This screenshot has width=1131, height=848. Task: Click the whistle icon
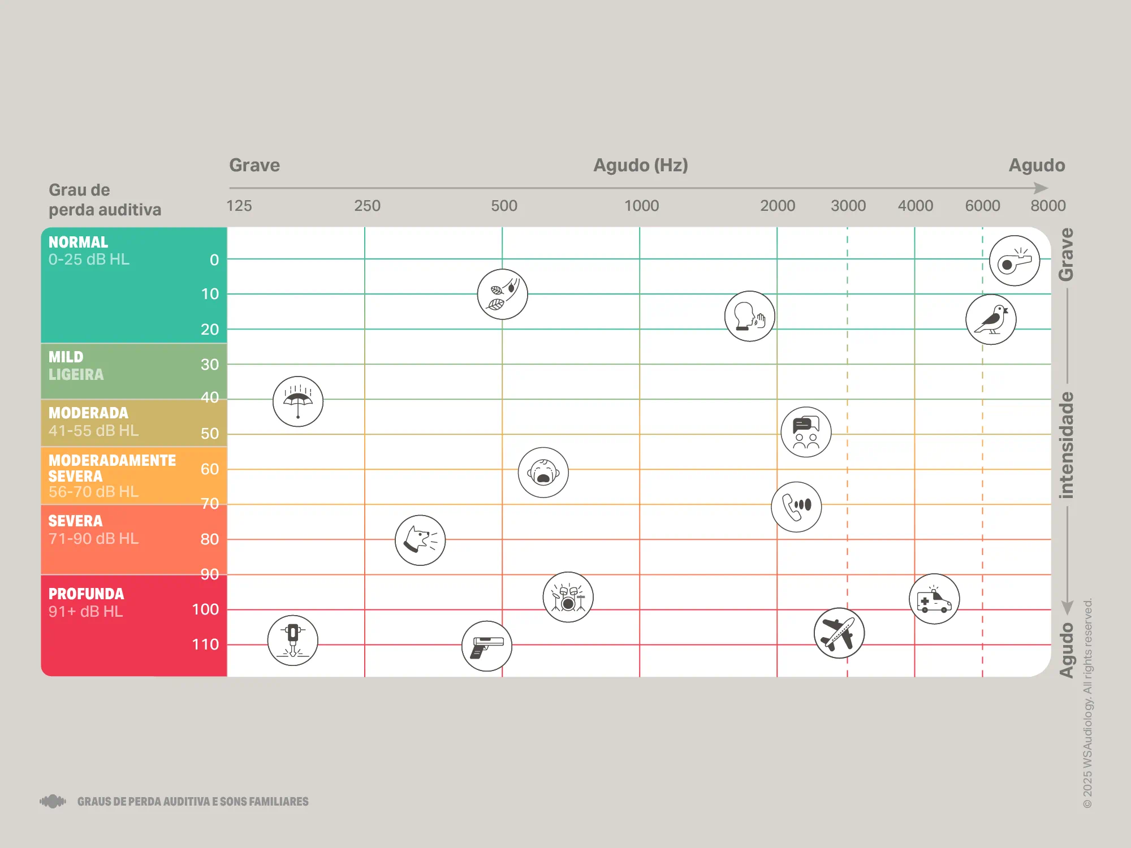point(1014,261)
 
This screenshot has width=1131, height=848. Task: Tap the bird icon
point(991,319)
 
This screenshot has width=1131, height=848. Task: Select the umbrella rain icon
point(298,401)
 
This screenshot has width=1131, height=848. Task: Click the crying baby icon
point(543,473)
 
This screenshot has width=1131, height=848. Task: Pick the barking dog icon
point(420,540)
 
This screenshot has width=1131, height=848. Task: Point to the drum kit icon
point(568,597)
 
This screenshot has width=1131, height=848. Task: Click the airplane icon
point(839,633)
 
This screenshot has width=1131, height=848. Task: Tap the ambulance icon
point(934,599)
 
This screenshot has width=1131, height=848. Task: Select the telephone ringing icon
point(796,507)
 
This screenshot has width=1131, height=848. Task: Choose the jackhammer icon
point(292,641)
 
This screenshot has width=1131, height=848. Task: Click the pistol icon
point(487,646)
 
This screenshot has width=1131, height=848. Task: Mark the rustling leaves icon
point(502,294)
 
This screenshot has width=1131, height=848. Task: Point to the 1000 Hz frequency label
point(641,206)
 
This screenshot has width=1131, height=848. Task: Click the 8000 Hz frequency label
point(1048,206)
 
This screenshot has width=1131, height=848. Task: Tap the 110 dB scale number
point(205,644)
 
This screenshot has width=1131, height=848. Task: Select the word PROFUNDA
point(86,594)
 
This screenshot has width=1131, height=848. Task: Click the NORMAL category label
point(78,242)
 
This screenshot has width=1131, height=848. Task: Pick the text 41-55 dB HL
point(93,431)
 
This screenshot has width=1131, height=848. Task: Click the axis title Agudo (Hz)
point(640,165)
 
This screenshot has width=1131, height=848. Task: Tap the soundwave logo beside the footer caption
point(53,801)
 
